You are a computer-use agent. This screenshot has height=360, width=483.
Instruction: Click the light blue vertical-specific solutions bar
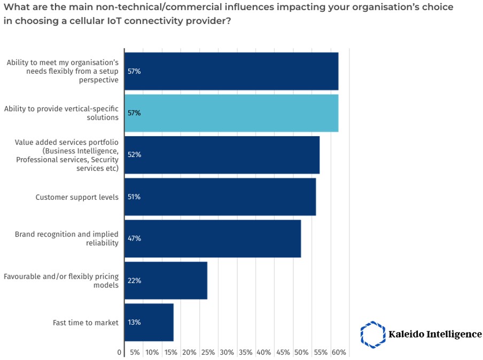[x=231, y=113]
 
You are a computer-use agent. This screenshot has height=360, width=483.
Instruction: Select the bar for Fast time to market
[x=149, y=322]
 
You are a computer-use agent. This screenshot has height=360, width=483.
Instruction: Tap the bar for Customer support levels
[x=220, y=197]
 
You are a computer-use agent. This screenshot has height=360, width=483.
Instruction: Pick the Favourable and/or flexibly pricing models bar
[x=166, y=280]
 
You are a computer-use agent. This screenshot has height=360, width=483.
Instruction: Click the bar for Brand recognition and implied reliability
[x=213, y=238]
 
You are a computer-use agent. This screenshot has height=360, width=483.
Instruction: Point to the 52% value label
[x=134, y=155]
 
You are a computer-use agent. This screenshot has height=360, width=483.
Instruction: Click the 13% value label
[x=134, y=322]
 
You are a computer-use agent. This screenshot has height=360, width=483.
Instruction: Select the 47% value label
[x=134, y=238]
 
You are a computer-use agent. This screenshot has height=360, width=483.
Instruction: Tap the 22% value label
[x=134, y=280]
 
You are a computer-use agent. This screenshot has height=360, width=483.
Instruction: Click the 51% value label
[x=134, y=197]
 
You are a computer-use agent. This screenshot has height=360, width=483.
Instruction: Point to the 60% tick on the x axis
[x=339, y=353]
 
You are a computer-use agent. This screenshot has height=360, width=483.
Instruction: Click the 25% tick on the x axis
[x=208, y=353]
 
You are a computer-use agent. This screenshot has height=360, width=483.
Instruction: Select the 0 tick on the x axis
[x=119, y=353]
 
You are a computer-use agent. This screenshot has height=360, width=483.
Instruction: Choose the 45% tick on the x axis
[x=283, y=353]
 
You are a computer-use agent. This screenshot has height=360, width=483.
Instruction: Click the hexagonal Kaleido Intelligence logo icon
[x=372, y=334]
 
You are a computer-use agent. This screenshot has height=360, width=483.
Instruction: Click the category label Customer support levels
[x=77, y=197]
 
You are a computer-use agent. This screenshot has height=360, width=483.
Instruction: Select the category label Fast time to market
[x=85, y=323]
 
